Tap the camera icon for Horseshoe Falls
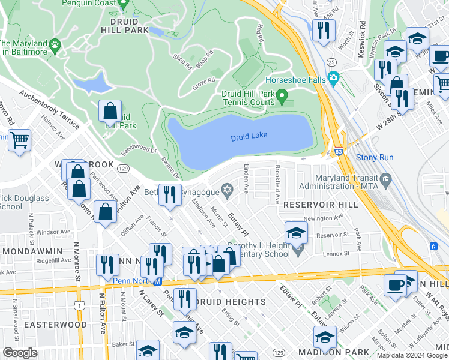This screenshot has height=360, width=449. tap(333, 78)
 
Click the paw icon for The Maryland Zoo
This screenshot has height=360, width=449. tap(55, 44)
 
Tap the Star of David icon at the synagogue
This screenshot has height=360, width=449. tap(227, 190)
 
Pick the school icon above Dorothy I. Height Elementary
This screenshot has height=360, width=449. tap(296, 232)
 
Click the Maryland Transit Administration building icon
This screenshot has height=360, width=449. tap(385, 178)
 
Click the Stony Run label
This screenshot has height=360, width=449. tap(375, 158)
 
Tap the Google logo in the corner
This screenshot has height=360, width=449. tap(20, 353)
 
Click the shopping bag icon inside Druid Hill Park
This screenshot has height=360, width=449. tap(110, 111)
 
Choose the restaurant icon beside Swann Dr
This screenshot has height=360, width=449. tap(170, 194)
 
